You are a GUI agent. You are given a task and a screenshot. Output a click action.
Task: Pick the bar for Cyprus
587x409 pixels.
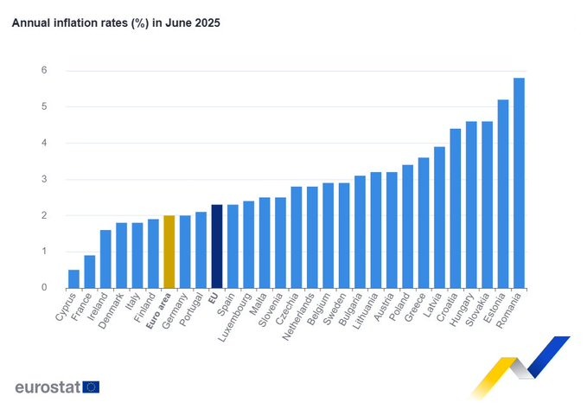click(x=74, y=278)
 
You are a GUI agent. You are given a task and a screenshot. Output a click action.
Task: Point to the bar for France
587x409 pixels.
click(x=90, y=272)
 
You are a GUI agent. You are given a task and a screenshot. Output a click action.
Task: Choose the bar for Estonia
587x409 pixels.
click(x=503, y=194)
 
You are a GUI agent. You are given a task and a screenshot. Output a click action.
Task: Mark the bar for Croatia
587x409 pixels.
click(x=456, y=208)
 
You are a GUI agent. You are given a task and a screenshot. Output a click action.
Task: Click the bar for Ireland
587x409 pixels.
click(x=105, y=259)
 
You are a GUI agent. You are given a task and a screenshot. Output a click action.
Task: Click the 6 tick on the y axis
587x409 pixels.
click(x=44, y=71)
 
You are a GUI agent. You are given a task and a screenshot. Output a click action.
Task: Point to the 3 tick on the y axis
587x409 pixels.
click(x=44, y=180)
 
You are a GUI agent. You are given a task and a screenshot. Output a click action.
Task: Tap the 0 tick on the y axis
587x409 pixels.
click(x=44, y=288)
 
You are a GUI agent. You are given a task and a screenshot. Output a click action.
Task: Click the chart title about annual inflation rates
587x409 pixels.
click(x=116, y=23)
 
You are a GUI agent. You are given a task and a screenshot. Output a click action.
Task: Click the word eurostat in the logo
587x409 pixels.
click(x=48, y=387)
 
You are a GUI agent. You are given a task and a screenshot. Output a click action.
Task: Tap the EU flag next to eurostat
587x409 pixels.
click(x=92, y=387)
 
